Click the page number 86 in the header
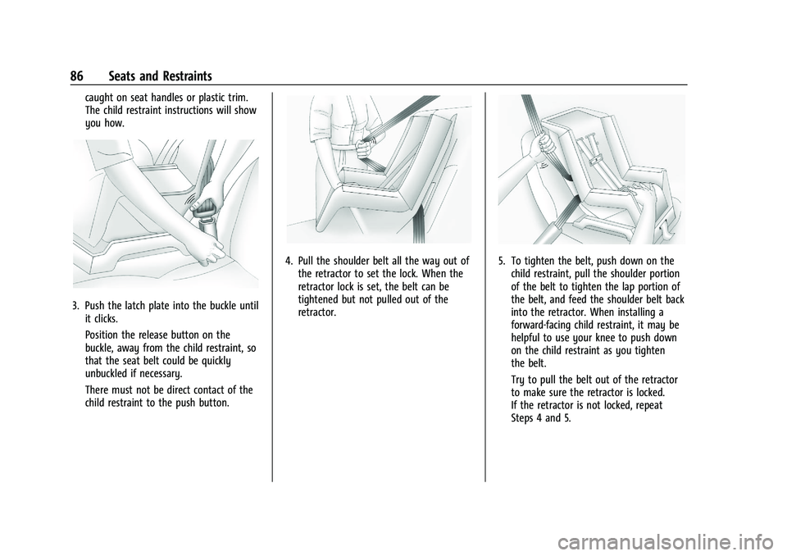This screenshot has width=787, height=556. (x=77, y=76)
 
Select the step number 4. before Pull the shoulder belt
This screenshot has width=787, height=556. (x=289, y=261)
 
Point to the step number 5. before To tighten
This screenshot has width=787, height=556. (x=502, y=261)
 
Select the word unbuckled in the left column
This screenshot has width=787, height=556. (x=108, y=374)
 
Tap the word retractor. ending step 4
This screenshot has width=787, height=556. (x=317, y=312)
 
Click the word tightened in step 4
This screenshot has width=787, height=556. (x=319, y=299)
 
